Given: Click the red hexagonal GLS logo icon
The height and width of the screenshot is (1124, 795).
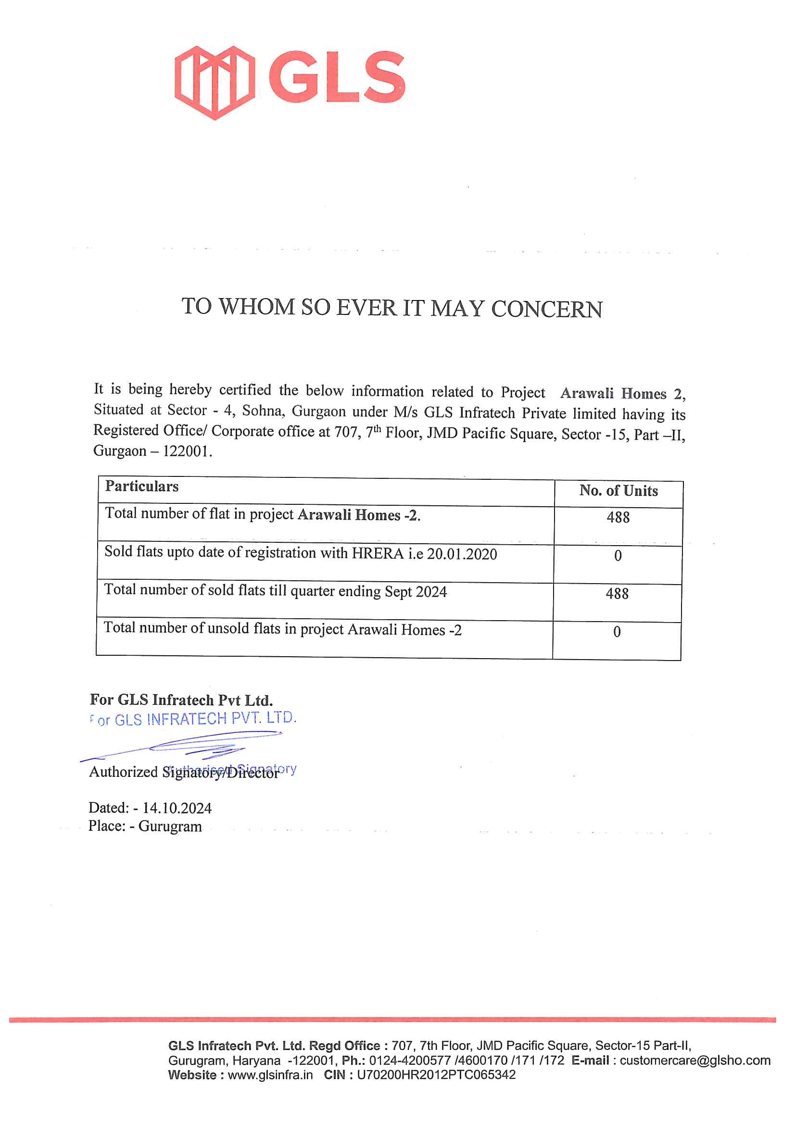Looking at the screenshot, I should pos(215,83).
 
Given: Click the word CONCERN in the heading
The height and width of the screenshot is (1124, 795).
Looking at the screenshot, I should pos(547,310).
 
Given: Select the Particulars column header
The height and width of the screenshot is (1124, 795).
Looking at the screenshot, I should pos(142,487).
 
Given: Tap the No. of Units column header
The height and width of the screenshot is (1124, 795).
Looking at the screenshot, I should pos(618,491).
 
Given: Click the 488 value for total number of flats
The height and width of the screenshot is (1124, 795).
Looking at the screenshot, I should pos(618,517).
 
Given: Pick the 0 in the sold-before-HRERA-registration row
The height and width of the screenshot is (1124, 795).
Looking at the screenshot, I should pos(618,556).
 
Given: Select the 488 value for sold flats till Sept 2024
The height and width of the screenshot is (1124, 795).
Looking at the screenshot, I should pos(617,594).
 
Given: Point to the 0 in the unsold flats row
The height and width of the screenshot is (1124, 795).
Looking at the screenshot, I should pos(617,632).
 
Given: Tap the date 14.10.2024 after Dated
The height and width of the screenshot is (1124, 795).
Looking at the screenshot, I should pos(177,808).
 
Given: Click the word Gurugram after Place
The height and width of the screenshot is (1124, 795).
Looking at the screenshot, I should pos(170,827).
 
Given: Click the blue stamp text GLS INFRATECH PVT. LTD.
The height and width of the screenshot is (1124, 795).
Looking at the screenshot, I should pos(206,719).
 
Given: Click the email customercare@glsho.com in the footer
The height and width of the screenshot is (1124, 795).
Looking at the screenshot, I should pos(695,1061).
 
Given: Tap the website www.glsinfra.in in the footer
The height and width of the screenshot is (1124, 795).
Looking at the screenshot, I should pos(270,1075).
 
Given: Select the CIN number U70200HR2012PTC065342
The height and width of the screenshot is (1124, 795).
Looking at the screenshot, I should pos(436,1075).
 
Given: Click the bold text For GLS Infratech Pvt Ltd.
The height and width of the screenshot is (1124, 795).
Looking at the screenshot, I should pos(181,700).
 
